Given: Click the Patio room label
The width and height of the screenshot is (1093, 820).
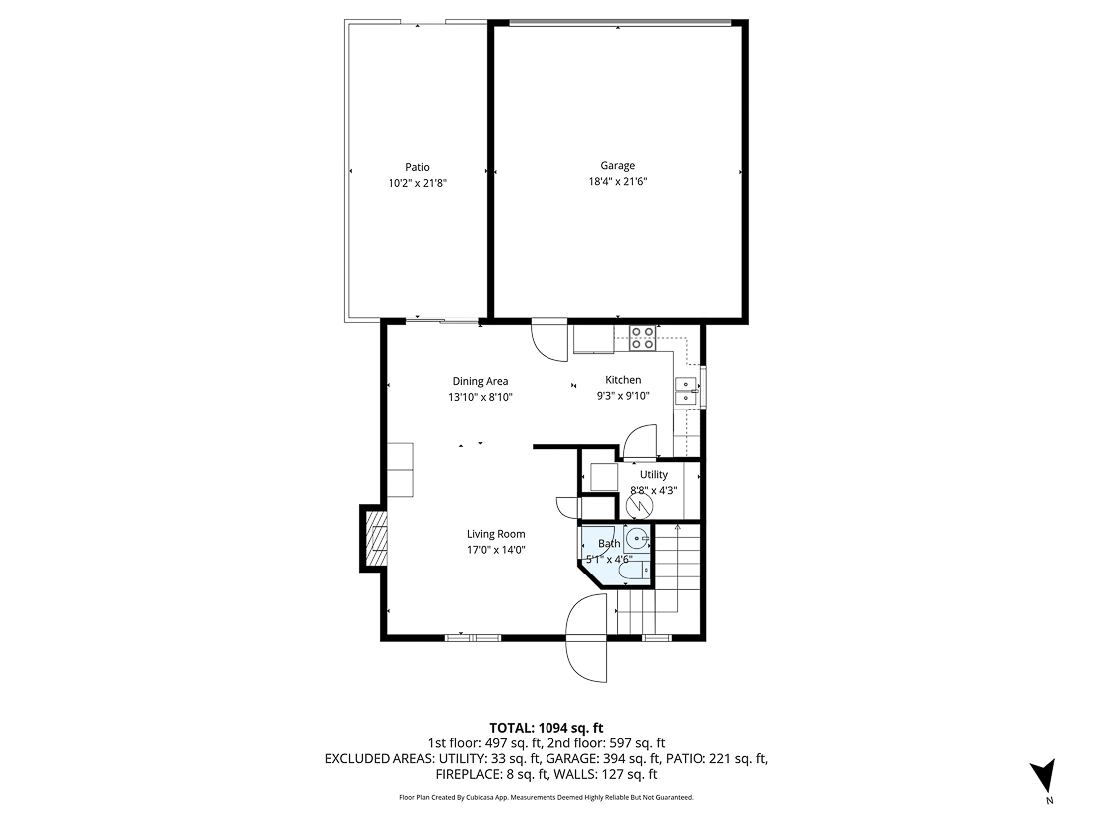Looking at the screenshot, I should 417,167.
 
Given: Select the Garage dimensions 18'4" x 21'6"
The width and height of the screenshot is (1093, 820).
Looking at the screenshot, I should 617,182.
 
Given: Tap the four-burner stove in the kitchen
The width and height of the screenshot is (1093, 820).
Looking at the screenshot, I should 642,338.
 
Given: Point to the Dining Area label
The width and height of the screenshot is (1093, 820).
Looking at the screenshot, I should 480,381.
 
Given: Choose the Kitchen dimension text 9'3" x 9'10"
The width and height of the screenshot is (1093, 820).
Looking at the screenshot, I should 623,396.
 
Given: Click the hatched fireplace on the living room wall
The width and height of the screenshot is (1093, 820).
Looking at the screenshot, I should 374,538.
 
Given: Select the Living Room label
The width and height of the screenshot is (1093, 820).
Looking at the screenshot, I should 496,534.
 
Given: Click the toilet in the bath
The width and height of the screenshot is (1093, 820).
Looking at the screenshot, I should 632,570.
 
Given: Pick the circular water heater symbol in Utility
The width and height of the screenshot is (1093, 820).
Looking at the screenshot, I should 641,506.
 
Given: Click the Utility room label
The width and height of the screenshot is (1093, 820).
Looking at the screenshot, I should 653,474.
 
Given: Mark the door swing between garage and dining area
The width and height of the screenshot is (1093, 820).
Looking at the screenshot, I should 547,341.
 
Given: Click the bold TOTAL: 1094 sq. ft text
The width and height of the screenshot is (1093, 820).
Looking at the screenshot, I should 547,727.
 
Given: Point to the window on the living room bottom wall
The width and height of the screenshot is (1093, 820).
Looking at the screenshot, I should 472,637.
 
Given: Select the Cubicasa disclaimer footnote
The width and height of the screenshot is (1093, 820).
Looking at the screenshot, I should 546,797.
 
